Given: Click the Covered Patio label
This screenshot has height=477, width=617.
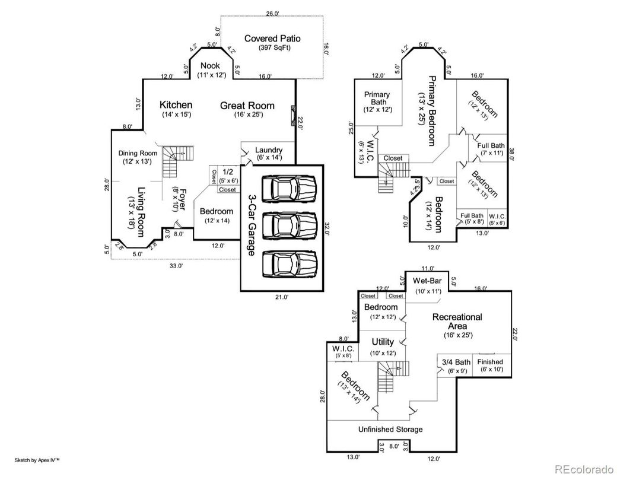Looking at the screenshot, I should pos(272,39).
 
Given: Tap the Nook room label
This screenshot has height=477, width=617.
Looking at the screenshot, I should pos(209,66).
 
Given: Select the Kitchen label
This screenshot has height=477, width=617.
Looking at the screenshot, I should pos(176,105).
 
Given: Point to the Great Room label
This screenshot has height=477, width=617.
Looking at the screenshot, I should pos(247,106).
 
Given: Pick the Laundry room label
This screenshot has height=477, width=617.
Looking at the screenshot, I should pos(269,150).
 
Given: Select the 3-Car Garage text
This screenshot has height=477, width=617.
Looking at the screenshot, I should pos(252,226).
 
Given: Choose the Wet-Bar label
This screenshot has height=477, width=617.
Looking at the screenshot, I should pos(427,280).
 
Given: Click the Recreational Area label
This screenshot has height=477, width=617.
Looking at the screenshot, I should pos(457,322).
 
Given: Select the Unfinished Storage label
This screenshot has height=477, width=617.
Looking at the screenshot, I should pos(390,429).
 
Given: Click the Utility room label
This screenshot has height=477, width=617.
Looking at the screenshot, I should pos(383,342).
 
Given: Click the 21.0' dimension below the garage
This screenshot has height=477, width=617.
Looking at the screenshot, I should pos(281,297).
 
